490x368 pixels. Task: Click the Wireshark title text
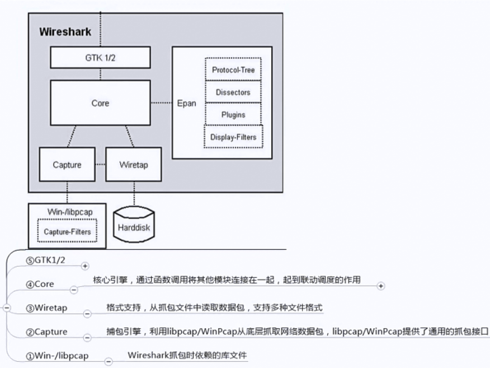(x=64, y=31)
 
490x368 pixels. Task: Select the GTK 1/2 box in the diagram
(x=100, y=57)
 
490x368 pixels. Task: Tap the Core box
(x=100, y=103)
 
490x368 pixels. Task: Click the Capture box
(x=67, y=165)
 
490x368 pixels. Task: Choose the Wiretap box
(x=133, y=165)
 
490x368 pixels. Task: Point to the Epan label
(x=186, y=103)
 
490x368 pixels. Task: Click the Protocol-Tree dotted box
(x=233, y=70)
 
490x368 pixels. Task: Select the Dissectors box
(x=233, y=92)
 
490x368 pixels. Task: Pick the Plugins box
(x=233, y=114)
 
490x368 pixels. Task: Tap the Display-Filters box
(x=233, y=137)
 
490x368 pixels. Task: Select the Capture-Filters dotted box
(x=67, y=231)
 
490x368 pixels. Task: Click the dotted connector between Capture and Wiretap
(x=100, y=165)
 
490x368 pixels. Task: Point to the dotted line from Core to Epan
(x=161, y=103)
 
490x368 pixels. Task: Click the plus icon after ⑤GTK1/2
(x=85, y=266)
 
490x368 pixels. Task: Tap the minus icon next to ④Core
(x=73, y=290)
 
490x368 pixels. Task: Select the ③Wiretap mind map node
(x=46, y=308)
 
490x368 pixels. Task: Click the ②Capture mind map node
(x=46, y=332)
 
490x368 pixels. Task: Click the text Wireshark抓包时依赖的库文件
(x=187, y=355)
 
